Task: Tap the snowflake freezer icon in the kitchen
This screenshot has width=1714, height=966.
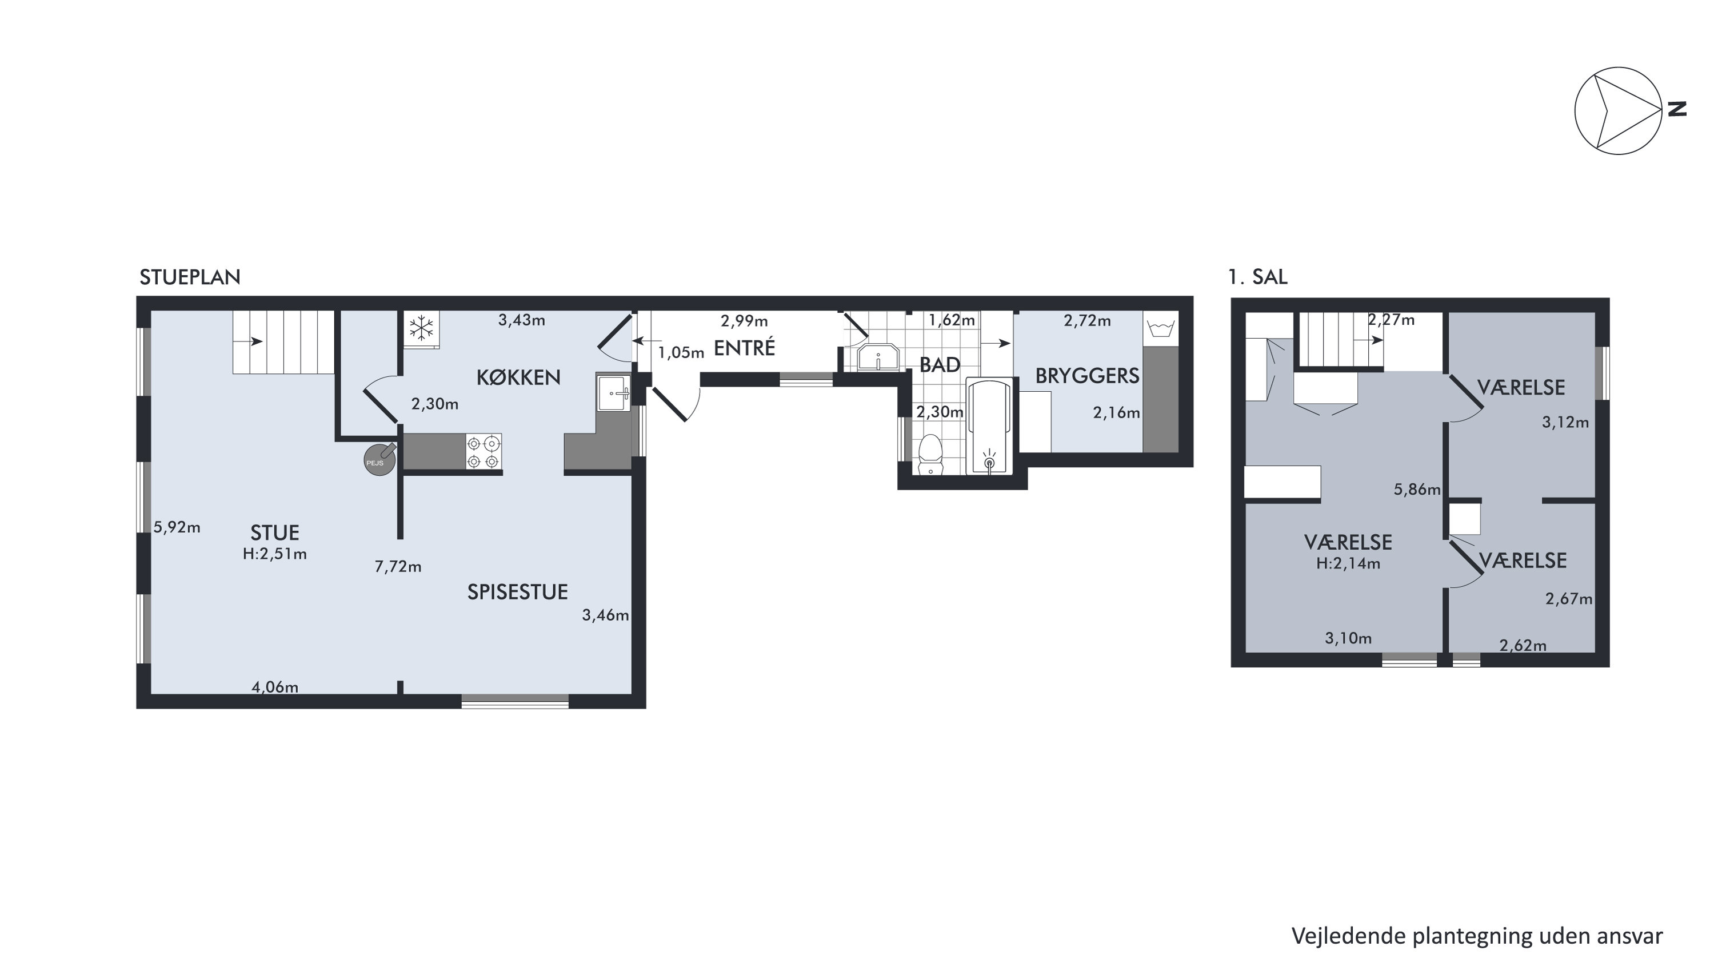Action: [421, 328]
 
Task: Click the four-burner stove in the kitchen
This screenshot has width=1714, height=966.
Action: [483, 451]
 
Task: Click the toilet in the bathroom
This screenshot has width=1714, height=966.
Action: [929, 455]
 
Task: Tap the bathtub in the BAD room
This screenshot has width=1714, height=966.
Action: [989, 426]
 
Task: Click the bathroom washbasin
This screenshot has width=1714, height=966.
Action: [878, 357]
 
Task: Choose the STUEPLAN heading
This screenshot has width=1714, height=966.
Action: [190, 277]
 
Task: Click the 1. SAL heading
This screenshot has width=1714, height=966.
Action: [1257, 277]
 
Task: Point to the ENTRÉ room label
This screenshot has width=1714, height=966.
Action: [745, 348]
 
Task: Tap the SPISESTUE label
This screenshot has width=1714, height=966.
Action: [518, 592]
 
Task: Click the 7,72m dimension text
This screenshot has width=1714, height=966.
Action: [398, 567]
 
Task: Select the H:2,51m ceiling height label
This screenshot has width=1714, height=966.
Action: [275, 554]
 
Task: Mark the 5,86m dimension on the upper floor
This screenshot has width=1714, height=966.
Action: [1417, 490]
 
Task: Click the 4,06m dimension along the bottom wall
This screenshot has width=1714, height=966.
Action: [275, 687]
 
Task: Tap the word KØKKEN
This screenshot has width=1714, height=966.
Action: [518, 377]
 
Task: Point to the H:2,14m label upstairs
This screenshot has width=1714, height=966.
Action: [1348, 564]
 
